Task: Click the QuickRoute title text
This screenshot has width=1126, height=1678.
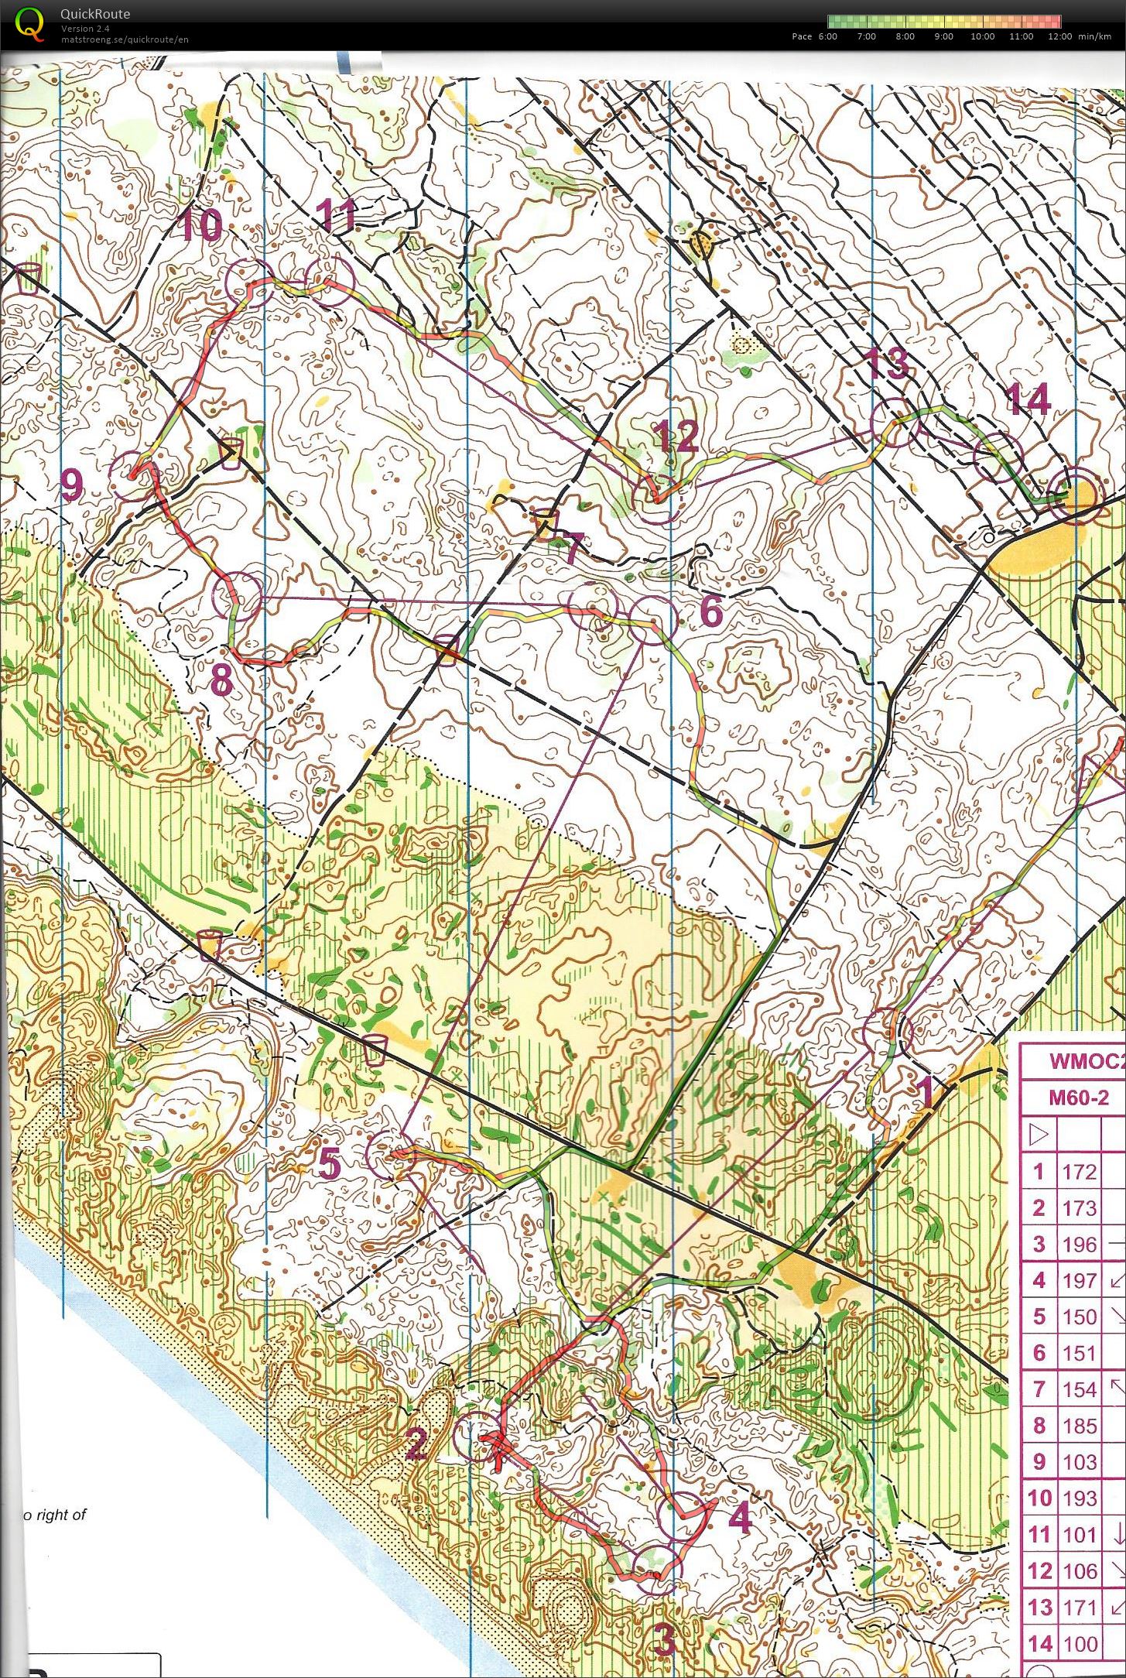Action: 95,13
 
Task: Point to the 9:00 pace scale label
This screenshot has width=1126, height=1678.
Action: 943,36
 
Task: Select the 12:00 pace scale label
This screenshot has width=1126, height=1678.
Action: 1059,36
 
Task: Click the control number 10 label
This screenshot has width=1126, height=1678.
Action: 201,226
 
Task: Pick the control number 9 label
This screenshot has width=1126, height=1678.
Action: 71,485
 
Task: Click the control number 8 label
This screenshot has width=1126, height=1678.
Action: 221,682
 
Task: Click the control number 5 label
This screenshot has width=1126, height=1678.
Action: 329,1163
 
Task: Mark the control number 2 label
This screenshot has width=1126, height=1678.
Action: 416,1443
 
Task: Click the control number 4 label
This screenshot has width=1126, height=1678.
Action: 741,1519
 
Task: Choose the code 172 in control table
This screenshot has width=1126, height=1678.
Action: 1079,1172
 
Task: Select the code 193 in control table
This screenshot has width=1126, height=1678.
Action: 1079,1498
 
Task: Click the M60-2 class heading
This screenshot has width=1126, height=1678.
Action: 1079,1098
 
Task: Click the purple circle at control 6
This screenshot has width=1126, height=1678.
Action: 652,621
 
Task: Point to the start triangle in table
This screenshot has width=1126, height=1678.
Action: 1039,1135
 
